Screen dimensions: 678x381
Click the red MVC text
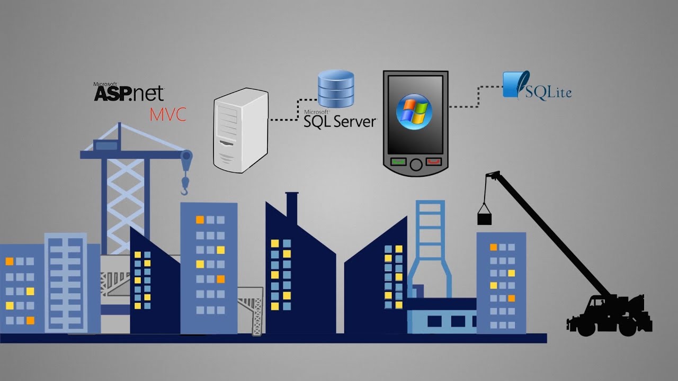tap(168, 114)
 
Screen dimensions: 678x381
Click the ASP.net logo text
tap(129, 93)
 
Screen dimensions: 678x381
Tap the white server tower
tap(240, 130)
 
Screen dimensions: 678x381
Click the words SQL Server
tap(340, 121)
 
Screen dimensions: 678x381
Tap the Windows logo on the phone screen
tap(414, 110)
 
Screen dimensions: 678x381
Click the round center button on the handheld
tap(416, 164)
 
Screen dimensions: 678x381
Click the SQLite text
tap(548, 92)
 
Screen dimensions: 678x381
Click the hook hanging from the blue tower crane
tap(184, 185)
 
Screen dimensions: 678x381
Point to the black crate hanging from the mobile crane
tap(485, 218)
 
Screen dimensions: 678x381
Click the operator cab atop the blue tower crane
tap(106, 144)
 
